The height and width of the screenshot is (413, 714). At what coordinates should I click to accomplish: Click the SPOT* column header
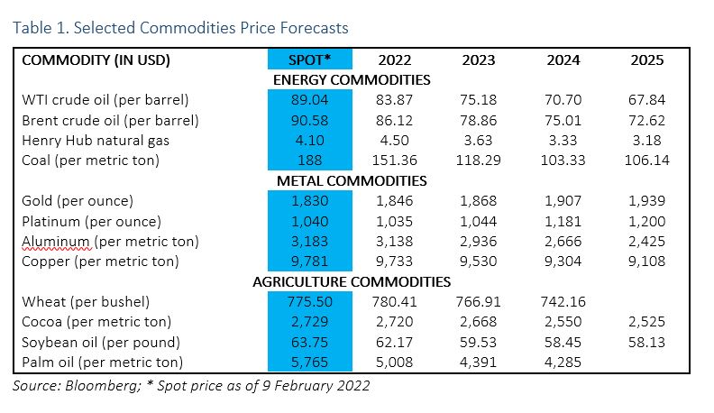tap(308, 60)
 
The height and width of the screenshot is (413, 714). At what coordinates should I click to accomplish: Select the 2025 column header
tap(646, 60)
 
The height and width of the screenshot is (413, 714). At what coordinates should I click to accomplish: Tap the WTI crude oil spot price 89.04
tap(308, 100)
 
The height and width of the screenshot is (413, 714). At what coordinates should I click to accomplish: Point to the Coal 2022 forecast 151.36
tap(396, 160)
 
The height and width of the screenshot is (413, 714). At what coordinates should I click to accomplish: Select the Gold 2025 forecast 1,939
tap(646, 201)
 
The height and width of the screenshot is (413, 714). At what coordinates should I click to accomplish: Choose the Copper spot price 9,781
tap(308, 261)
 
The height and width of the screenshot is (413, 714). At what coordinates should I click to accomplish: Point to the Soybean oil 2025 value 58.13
tap(646, 342)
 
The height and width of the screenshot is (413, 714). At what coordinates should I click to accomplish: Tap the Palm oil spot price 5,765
tap(308, 362)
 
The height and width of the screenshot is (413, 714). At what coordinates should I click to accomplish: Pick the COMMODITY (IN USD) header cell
tap(96, 60)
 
